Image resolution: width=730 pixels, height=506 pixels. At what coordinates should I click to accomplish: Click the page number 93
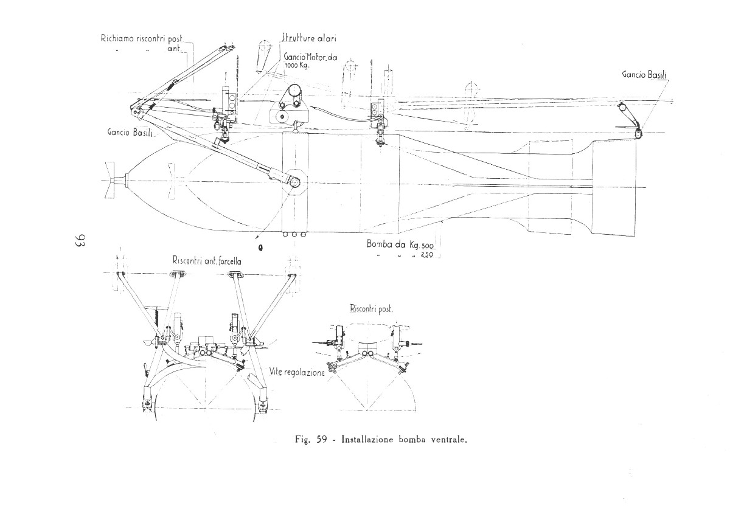(80, 240)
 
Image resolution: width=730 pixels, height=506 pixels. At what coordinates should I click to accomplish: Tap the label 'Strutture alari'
(309, 38)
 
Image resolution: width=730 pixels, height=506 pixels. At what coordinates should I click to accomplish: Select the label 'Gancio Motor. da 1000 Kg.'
(310, 61)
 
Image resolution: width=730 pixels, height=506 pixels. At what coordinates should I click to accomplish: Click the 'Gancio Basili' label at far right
(644, 75)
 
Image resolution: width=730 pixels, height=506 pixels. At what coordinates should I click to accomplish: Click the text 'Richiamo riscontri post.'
(142, 38)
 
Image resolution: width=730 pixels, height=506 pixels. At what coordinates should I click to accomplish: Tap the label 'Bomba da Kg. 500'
(400, 244)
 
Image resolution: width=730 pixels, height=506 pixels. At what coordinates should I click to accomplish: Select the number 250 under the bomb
(426, 255)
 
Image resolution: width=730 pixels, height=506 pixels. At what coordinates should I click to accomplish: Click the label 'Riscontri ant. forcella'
(207, 261)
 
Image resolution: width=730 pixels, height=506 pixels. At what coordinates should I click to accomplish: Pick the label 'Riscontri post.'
(371, 308)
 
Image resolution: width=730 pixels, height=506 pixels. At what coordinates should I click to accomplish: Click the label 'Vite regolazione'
(297, 372)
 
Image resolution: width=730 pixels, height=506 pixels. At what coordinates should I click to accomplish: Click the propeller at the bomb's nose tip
(111, 179)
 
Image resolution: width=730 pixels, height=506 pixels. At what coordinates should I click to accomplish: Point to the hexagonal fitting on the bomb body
(295, 182)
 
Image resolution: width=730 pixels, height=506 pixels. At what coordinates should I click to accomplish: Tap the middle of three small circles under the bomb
(294, 234)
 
